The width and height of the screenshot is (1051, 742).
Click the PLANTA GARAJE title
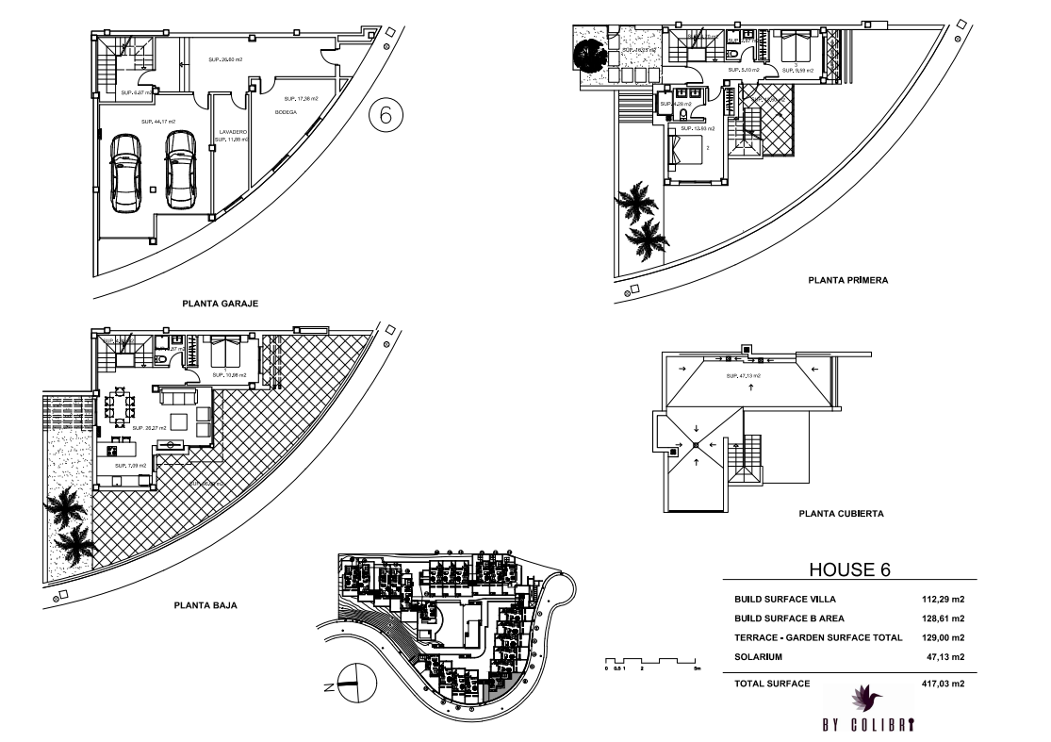[x=220, y=304]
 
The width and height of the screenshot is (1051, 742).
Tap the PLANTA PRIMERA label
[x=849, y=280]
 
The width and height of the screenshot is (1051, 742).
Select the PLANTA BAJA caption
[x=204, y=606]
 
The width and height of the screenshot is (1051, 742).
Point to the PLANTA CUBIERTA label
[x=841, y=514]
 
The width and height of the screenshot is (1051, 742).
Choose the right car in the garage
[x=181, y=170]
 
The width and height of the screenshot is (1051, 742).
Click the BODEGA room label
[x=286, y=112]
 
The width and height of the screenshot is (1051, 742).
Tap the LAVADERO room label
[x=233, y=132]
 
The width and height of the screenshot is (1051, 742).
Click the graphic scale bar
[x=651, y=660]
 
